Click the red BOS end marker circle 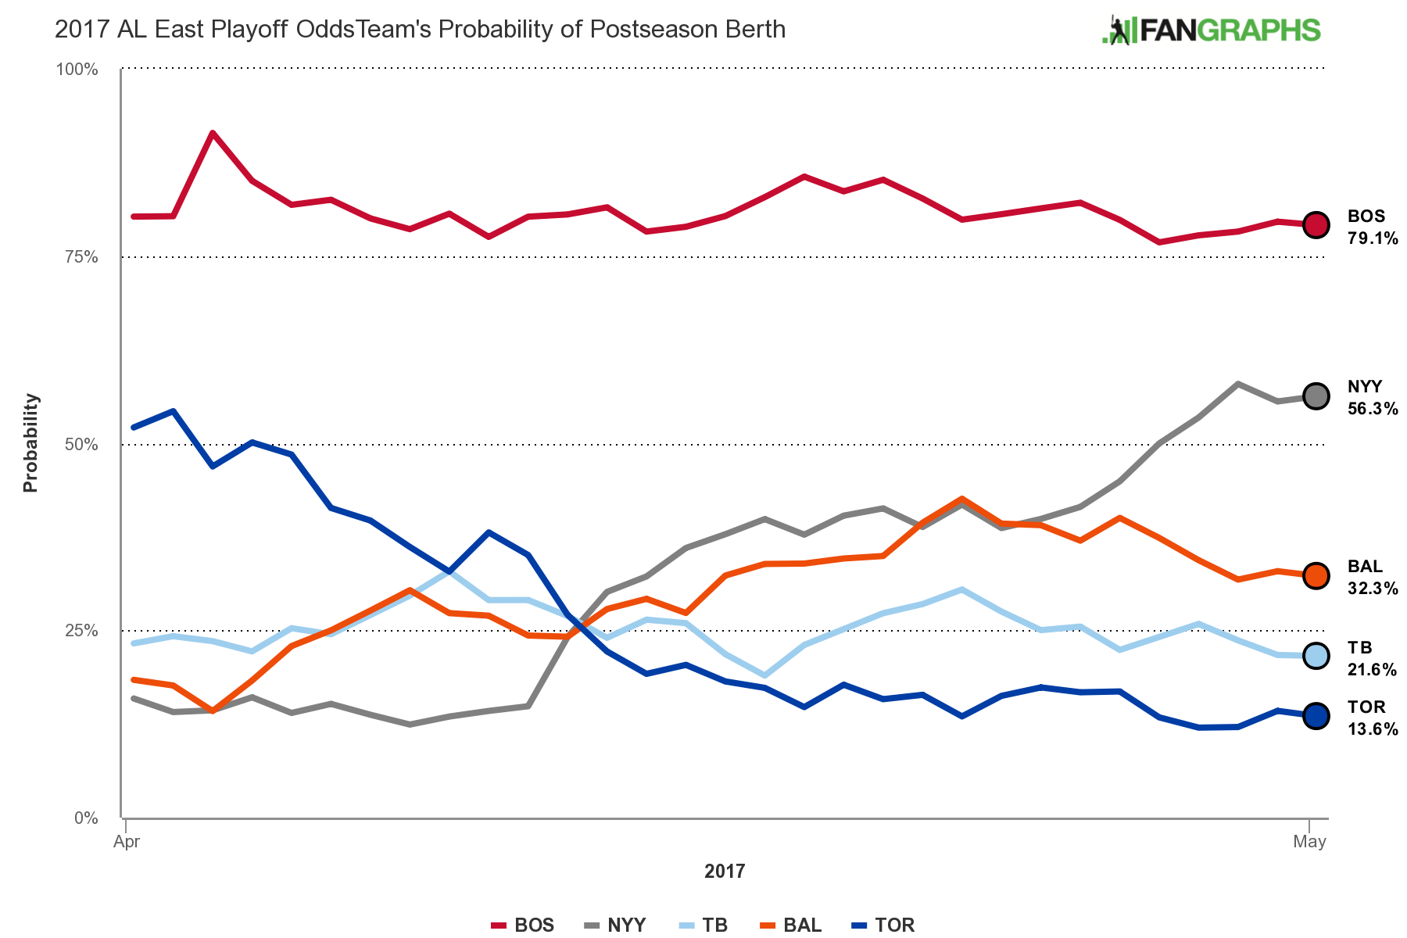point(1316,225)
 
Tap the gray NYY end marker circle point(1316,396)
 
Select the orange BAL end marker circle point(1316,576)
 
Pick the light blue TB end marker point(1316,656)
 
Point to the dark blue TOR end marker point(1316,715)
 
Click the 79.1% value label point(1373,238)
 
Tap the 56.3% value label point(1373,409)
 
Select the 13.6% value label point(1373,729)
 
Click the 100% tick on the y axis point(77,70)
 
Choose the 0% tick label point(86,818)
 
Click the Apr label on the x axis point(127,842)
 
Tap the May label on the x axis point(1309,842)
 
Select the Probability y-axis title point(30,443)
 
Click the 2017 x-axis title point(725,872)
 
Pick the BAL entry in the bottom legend point(792,925)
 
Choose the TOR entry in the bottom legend point(884,925)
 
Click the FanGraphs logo point(1211,30)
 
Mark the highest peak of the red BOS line point(213,133)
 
